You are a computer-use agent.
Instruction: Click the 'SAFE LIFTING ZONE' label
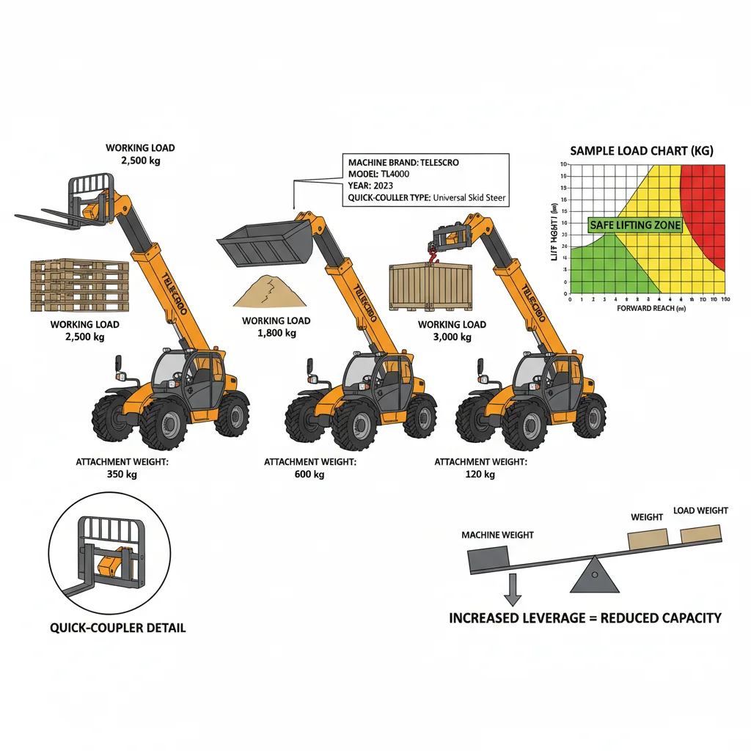pyautogui.click(x=635, y=225)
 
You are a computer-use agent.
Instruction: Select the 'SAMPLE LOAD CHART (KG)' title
pyautogui.click(x=641, y=151)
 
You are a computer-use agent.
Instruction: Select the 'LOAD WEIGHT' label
pyautogui.click(x=700, y=510)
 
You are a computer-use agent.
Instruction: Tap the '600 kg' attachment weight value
pyautogui.click(x=309, y=475)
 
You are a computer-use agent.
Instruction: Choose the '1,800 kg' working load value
pyautogui.click(x=276, y=333)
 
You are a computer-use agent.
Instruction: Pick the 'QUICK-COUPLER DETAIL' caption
pyautogui.click(x=117, y=628)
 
